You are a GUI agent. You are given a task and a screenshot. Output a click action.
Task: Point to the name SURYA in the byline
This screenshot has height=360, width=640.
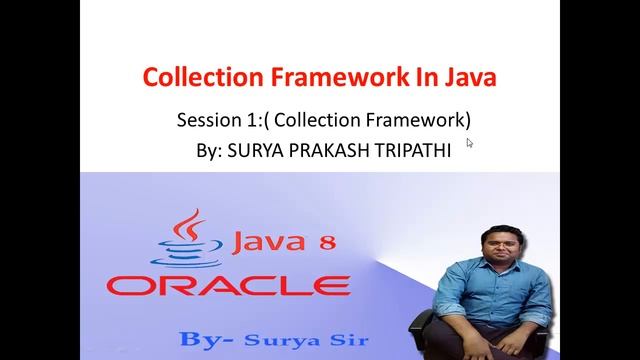pos(259,149)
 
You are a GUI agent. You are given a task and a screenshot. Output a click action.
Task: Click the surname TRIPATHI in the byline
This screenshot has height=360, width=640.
pos(414,149)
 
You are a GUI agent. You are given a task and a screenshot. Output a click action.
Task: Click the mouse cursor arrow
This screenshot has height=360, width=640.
pos(469,143)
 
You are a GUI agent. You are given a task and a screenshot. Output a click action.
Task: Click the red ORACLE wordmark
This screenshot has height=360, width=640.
pos(228,285)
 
